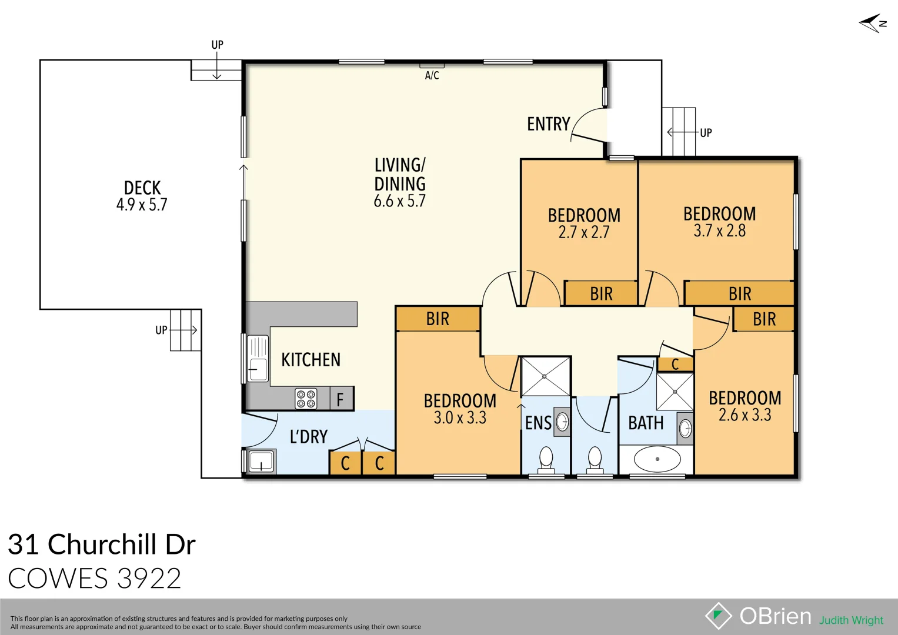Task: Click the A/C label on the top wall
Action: [x=432, y=75]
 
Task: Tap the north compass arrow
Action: [x=872, y=24]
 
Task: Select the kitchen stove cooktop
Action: [x=306, y=399]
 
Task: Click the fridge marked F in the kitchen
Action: [x=340, y=400]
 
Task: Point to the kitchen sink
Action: [x=257, y=358]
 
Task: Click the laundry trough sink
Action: [x=261, y=461]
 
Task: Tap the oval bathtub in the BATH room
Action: [x=657, y=459]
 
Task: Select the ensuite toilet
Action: [x=546, y=459]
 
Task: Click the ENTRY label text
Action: [x=548, y=124]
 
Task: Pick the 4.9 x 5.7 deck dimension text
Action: [x=142, y=205]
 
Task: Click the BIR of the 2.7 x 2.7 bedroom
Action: [x=601, y=293]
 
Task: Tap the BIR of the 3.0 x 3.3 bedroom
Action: [x=438, y=319]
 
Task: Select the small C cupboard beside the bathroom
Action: [x=675, y=365]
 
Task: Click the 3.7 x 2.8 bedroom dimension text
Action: [x=719, y=230]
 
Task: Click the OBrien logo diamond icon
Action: [x=718, y=616]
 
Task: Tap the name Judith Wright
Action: [x=851, y=620]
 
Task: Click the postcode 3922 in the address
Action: [x=149, y=579]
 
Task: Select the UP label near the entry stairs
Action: [x=706, y=133]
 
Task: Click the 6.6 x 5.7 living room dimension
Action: [x=399, y=201]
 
